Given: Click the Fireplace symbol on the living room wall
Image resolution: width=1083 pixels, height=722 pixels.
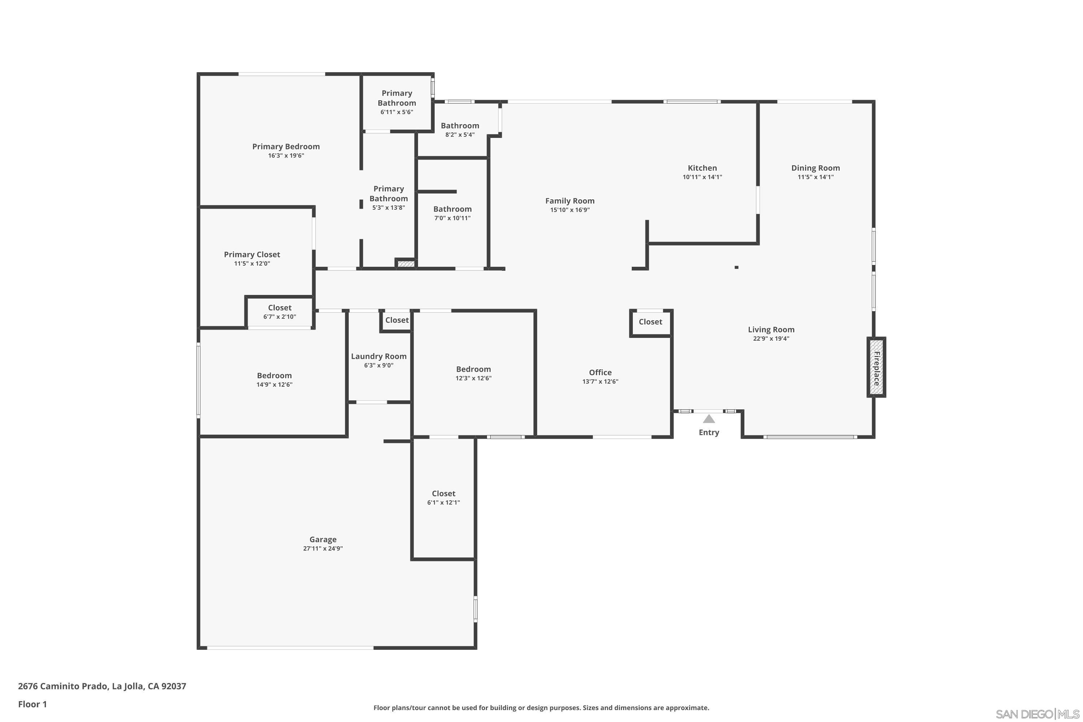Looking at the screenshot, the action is tap(876, 367).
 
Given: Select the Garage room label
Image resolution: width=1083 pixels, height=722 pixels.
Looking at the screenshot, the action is tap(323, 539).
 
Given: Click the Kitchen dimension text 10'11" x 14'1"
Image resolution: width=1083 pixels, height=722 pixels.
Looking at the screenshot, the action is tap(702, 177).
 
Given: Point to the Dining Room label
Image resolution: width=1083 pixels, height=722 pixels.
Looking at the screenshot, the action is tap(815, 168).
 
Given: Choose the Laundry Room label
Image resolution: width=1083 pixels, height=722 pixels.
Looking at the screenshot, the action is tap(378, 356).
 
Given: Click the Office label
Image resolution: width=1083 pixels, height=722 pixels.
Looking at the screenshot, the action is tap(600, 372).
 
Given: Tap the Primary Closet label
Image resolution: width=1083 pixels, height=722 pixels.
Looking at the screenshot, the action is tap(252, 255).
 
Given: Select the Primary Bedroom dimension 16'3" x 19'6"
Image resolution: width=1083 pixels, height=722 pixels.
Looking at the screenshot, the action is tap(286, 156).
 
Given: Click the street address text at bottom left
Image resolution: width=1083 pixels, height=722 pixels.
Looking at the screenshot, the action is tap(102, 686).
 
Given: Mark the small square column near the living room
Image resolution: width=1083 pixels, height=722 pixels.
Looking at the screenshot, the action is tap(736, 267).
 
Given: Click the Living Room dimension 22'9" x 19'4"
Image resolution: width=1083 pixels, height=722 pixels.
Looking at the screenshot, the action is tap(771, 339).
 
